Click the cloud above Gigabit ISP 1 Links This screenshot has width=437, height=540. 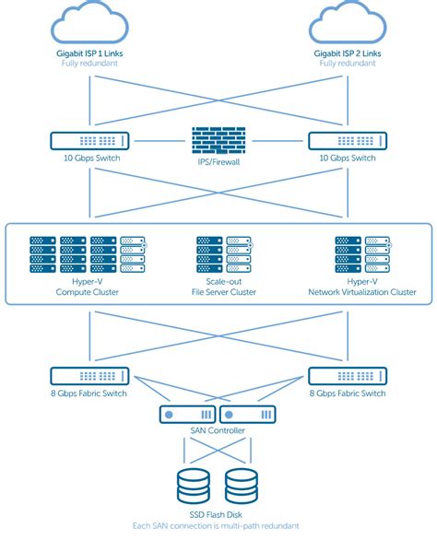89,21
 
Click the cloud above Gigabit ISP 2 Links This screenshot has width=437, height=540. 348,21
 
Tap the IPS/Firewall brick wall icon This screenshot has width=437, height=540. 218,143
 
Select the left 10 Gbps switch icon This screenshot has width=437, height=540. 89,141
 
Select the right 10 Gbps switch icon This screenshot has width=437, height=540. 348,141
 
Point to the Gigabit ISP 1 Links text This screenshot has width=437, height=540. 89,54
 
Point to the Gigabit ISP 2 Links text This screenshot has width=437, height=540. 348,54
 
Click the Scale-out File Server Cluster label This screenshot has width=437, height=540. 218,287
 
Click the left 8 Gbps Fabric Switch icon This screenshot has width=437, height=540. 89,376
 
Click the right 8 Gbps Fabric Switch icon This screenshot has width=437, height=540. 348,376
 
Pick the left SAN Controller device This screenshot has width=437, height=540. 187,415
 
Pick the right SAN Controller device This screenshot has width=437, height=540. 248,415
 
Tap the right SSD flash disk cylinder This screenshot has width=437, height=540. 242,485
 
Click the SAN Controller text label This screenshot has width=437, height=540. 218,432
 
